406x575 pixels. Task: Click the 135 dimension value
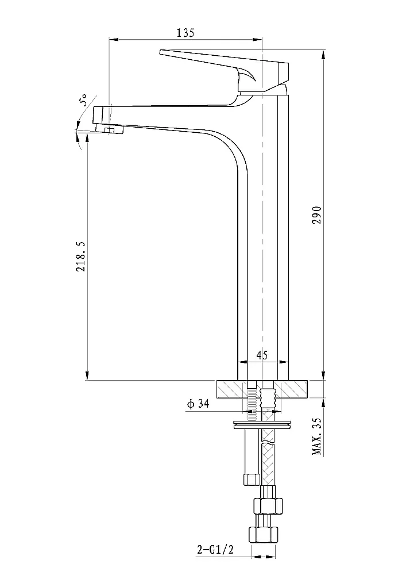point(185,33)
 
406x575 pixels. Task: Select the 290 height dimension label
point(317,215)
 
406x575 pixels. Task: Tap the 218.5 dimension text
point(80,256)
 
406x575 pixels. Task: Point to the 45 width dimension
point(262,355)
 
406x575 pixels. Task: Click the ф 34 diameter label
point(198,404)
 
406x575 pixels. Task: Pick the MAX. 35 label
point(316,436)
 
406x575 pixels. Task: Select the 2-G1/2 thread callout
point(215,549)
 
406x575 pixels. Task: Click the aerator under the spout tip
point(110,129)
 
